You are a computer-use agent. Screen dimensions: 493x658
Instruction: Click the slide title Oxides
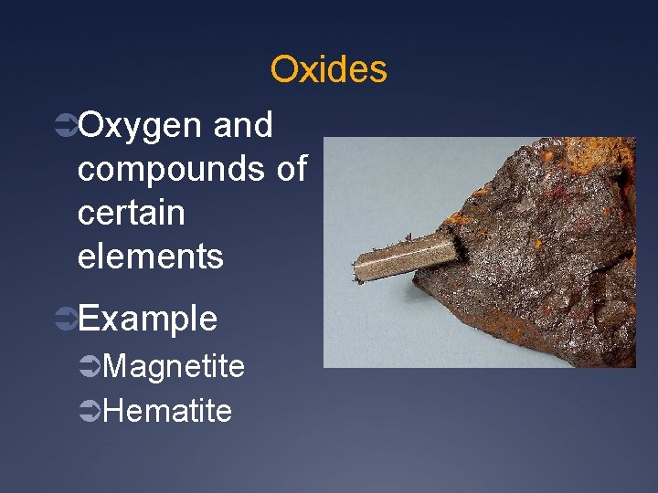(329, 69)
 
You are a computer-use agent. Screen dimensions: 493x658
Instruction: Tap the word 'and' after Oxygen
(242, 126)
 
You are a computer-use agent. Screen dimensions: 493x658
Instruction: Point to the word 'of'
(292, 169)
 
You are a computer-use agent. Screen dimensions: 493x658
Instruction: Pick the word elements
(151, 257)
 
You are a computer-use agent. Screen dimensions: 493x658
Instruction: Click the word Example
(148, 320)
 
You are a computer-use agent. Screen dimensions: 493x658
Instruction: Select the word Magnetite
(175, 367)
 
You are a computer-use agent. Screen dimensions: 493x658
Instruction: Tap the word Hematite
(168, 411)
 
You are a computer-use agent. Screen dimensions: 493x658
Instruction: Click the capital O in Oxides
(283, 69)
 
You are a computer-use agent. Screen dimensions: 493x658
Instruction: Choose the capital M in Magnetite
(115, 367)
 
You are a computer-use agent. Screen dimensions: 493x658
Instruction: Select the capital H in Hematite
(113, 411)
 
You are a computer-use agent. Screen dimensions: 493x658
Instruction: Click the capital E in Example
(89, 320)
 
